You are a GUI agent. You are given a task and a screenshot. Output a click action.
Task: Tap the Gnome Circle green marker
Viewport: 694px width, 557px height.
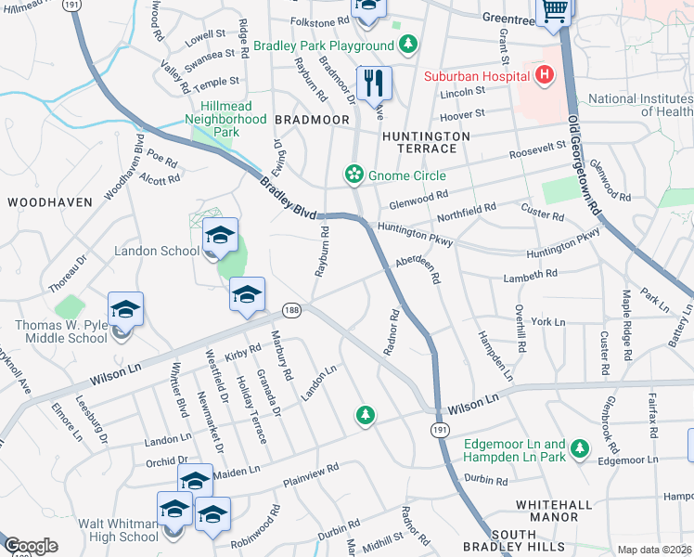[353, 175]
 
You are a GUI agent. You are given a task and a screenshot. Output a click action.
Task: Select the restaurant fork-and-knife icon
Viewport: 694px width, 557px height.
[374, 83]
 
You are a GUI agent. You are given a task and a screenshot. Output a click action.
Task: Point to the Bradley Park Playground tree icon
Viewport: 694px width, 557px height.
[407, 45]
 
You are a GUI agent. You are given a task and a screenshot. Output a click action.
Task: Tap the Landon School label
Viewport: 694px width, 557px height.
[156, 251]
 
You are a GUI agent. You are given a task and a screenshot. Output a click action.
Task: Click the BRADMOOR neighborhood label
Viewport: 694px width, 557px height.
[312, 121]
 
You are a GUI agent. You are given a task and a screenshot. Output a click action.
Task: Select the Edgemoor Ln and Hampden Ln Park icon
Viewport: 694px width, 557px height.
[580, 449]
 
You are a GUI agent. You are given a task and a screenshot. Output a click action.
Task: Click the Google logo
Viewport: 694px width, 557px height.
[31, 546]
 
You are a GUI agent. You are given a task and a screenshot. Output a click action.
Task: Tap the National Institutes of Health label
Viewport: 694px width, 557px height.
[641, 106]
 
